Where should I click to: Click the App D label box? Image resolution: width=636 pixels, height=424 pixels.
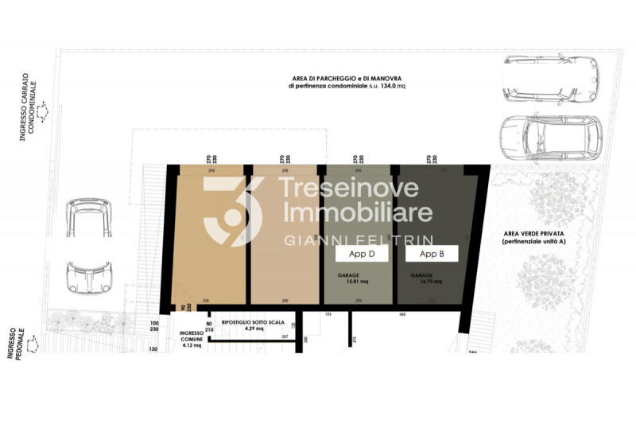coord(362,255)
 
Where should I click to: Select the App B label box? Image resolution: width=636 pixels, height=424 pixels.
coord(432,255)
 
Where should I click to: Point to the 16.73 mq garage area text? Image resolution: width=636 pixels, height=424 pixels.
coord(425,279)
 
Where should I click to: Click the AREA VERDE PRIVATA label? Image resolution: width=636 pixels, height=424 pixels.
coord(530,238)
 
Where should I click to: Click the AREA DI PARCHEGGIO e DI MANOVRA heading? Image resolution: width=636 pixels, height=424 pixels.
coord(336,78)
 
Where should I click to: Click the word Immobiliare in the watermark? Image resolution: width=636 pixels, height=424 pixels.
coord(359,212)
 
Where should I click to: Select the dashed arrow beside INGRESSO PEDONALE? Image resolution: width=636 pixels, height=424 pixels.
coord(33,344)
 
